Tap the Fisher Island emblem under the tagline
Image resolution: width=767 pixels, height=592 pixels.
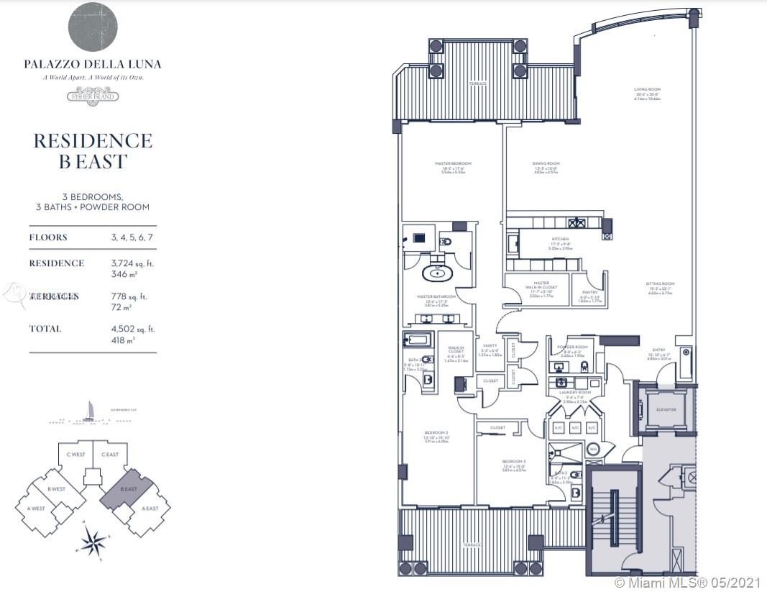tap(93, 96)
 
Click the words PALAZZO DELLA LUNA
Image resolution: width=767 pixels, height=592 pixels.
tap(93, 64)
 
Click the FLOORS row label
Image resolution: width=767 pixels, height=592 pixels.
tap(48, 237)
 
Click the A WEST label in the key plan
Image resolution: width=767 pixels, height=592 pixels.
tap(37, 509)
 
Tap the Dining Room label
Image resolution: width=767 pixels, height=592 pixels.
tap(546, 163)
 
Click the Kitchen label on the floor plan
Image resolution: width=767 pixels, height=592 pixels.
tap(560, 239)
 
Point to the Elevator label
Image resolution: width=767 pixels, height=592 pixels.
tap(666, 410)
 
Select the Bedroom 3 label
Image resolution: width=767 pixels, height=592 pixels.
tap(514, 461)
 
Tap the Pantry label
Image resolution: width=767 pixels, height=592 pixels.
tap(589, 293)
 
